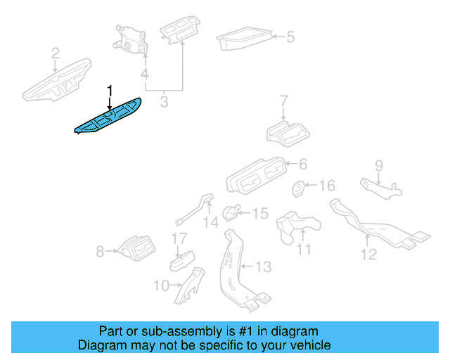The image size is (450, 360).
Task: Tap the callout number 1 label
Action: click(109, 90)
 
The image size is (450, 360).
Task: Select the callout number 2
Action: click(56, 52)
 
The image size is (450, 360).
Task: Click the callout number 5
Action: click(290, 36)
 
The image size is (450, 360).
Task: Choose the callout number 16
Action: click(328, 186)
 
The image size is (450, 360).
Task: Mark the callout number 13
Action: click(262, 267)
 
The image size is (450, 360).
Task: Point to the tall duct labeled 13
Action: click(234, 267)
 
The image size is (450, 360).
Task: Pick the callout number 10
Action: click(161, 285)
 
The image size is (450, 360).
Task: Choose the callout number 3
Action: click(164, 103)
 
